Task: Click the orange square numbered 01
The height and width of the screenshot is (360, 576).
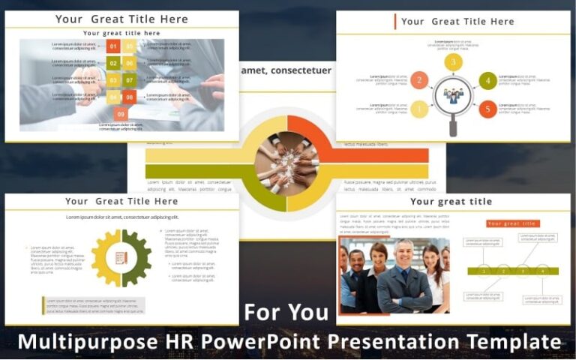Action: (x=113, y=47)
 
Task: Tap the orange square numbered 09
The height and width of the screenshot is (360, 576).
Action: (x=121, y=113)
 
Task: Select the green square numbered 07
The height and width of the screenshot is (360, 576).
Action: (x=129, y=80)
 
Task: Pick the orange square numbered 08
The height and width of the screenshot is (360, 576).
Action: (x=129, y=97)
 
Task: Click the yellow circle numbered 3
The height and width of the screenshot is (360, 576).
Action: (x=453, y=62)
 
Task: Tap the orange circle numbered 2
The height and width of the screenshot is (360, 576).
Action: (x=419, y=80)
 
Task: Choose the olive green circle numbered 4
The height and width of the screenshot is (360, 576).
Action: (x=487, y=80)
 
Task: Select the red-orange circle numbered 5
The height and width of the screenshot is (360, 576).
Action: (x=487, y=109)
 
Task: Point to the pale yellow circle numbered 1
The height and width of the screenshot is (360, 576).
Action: (x=419, y=109)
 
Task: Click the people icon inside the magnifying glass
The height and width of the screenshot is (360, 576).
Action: (x=453, y=96)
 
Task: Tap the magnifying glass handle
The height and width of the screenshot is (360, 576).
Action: (x=453, y=127)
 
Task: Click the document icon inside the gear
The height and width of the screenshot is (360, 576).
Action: (x=121, y=258)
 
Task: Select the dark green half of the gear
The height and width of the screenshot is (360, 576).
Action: (x=136, y=258)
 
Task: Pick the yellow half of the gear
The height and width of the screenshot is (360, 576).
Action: (x=106, y=258)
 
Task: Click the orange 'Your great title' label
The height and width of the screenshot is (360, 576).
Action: (x=513, y=223)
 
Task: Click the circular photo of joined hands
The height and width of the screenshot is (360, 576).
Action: (x=286, y=161)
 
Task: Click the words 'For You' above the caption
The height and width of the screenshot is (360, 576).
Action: (x=286, y=312)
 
